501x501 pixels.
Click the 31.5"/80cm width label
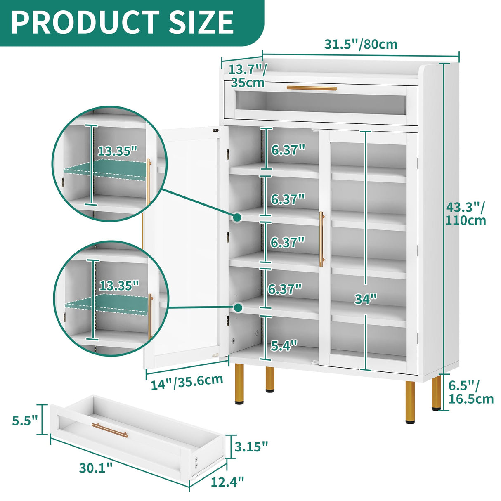coord(360,44)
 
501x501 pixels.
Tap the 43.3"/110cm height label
coord(466,213)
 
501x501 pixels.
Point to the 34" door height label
coord(366,299)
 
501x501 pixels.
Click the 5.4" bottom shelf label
coord(284,345)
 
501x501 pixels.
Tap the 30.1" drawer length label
coord(96,468)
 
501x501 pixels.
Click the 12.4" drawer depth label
coord(227,481)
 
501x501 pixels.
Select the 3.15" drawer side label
coord(251,446)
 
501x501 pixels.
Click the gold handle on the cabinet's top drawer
coord(312,88)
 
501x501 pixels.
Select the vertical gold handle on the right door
coord(321,239)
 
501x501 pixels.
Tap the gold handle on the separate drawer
coord(110,430)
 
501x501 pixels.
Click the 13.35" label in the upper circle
coord(117,151)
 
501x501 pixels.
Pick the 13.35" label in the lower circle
coord(119,285)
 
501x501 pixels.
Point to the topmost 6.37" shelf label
coord(288,149)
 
